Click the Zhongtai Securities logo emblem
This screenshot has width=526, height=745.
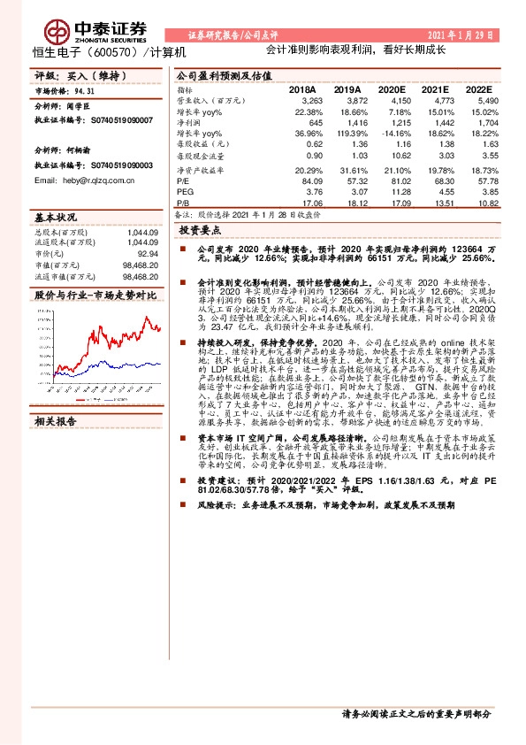point(60,32)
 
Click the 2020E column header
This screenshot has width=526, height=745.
point(390,90)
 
